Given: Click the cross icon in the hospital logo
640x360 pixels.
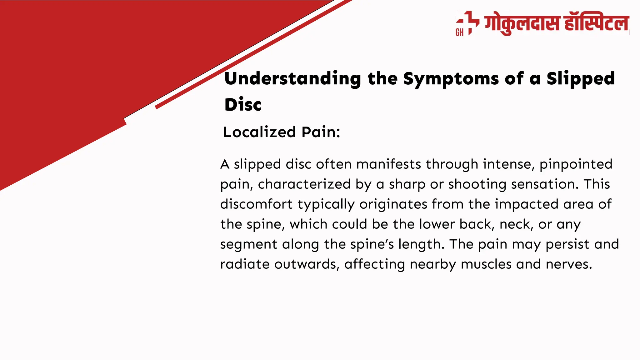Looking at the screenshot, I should (x=467, y=22).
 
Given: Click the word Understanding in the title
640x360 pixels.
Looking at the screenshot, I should (x=292, y=78).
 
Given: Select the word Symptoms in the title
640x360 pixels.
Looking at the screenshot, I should (x=451, y=78).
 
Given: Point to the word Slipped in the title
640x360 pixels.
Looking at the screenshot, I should (x=580, y=78).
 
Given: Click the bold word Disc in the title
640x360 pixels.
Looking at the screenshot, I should (x=243, y=104).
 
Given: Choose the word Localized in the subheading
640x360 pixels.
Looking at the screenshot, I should (x=259, y=132).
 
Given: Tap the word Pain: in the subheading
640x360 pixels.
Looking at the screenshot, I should (x=321, y=132).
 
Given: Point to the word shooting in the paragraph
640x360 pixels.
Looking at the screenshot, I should (x=477, y=184).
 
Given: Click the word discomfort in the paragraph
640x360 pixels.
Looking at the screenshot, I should (x=256, y=204).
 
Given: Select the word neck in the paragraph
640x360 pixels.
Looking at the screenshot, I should (x=515, y=224).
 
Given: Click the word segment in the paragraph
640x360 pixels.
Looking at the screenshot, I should (x=248, y=244).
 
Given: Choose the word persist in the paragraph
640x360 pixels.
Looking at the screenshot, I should (x=567, y=244).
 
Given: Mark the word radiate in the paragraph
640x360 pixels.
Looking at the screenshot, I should (x=245, y=264).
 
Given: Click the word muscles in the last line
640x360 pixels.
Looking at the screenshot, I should (x=486, y=264).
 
